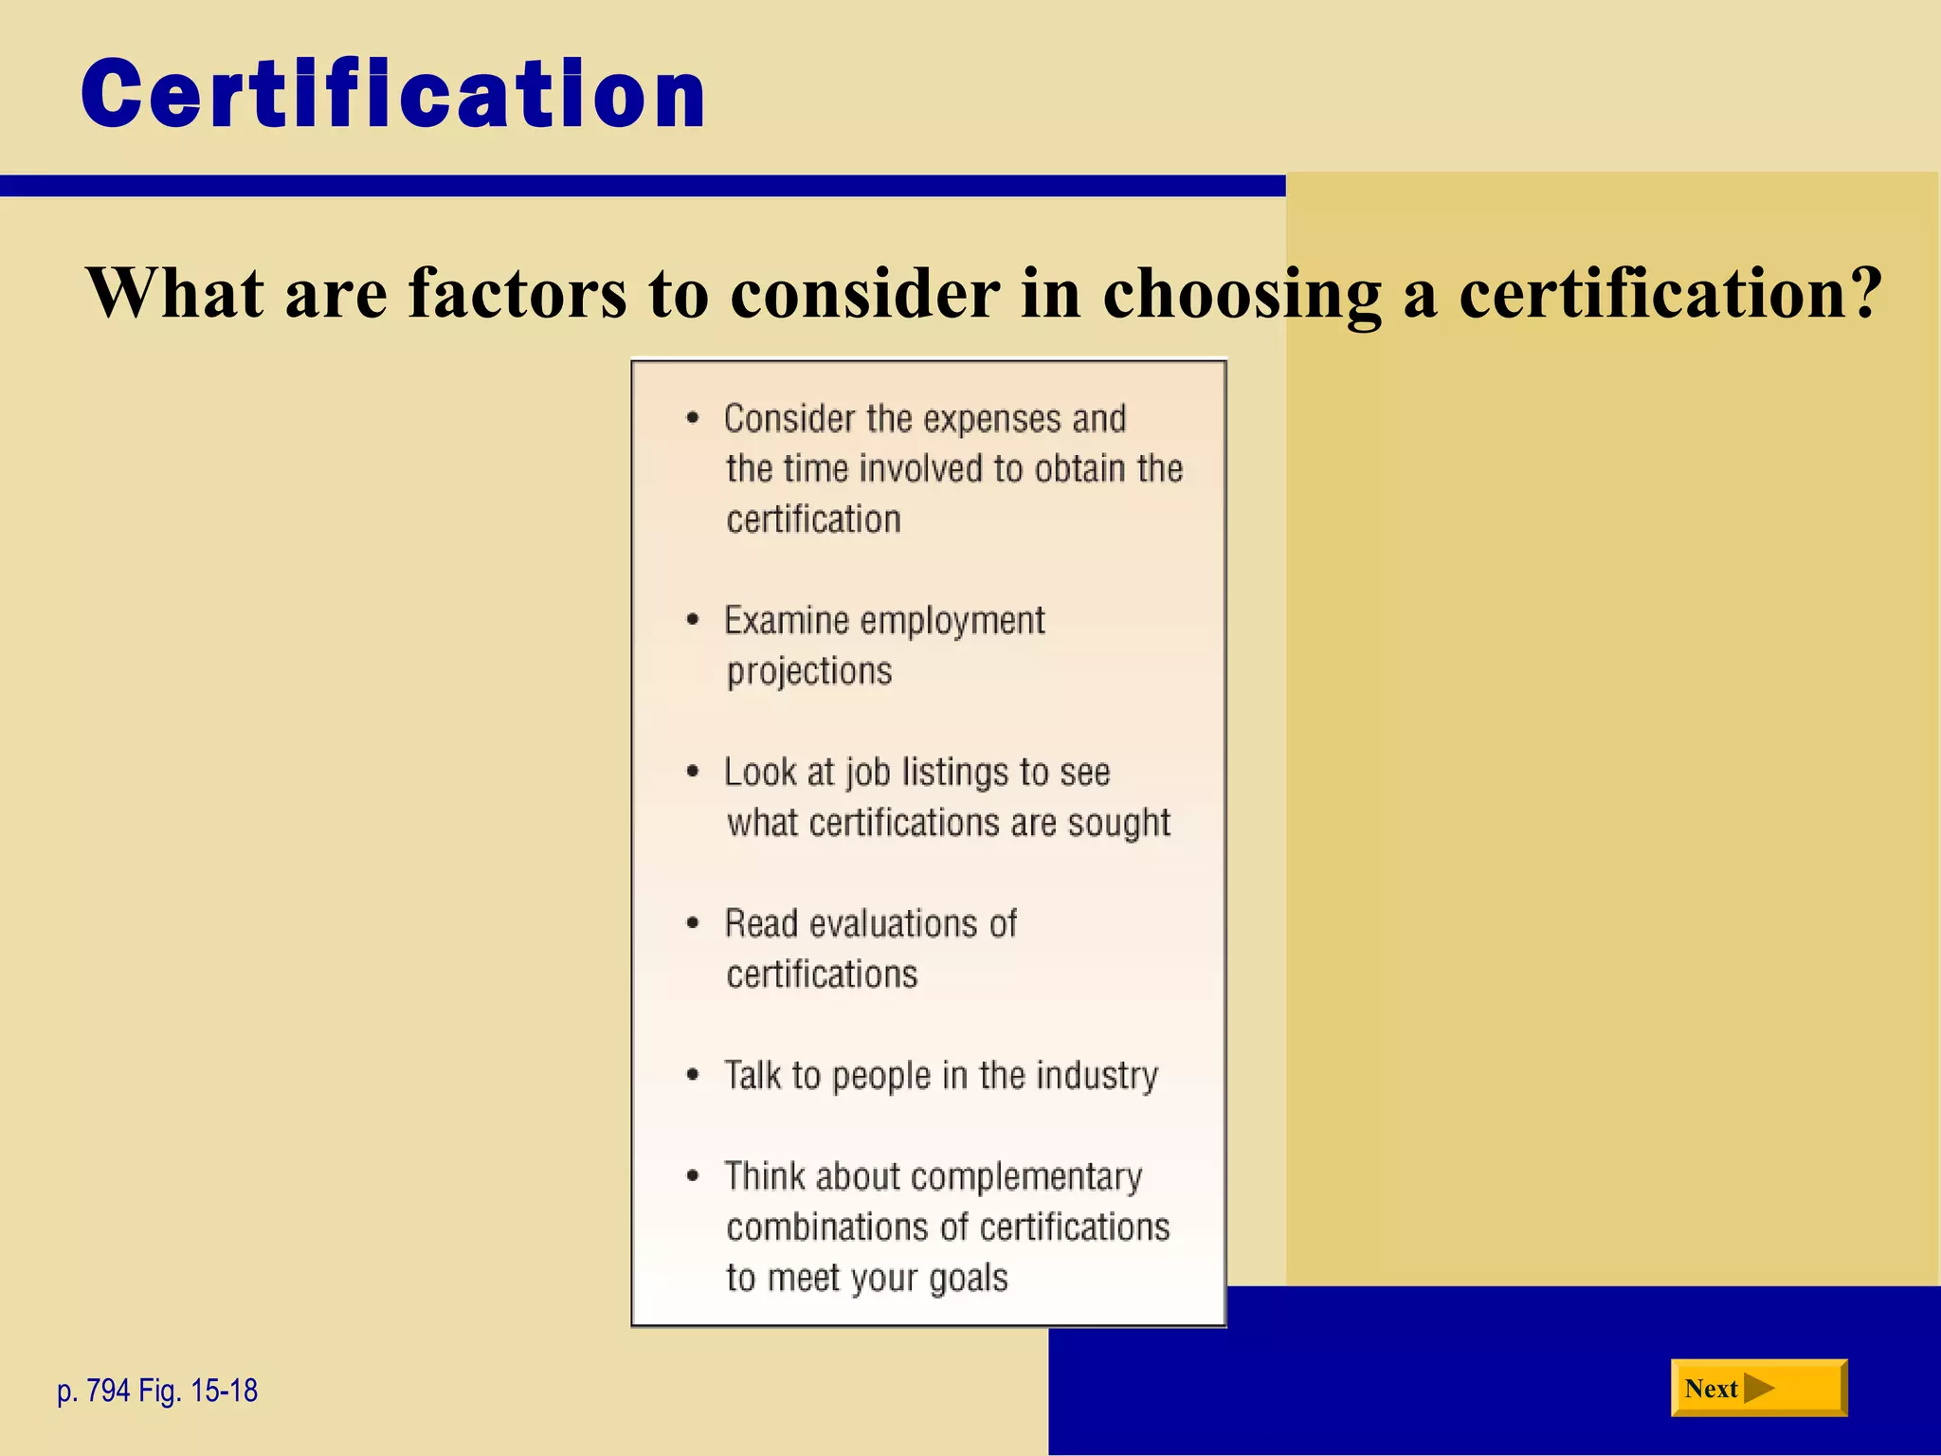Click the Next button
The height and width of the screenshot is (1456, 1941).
[1758, 1388]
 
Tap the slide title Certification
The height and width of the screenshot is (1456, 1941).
[393, 94]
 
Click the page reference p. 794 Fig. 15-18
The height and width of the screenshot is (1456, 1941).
[157, 1391]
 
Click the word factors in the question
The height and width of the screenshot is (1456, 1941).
[517, 292]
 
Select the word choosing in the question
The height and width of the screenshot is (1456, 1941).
[1242, 294]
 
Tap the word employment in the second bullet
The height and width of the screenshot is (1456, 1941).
[952, 621]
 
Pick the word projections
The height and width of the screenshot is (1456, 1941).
[809, 672]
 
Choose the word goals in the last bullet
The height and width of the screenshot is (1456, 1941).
[968, 1279]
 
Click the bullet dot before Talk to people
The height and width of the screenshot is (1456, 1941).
[694, 1075]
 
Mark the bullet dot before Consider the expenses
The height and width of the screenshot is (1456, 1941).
[694, 418]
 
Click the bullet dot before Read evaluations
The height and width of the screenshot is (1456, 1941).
[694, 923]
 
